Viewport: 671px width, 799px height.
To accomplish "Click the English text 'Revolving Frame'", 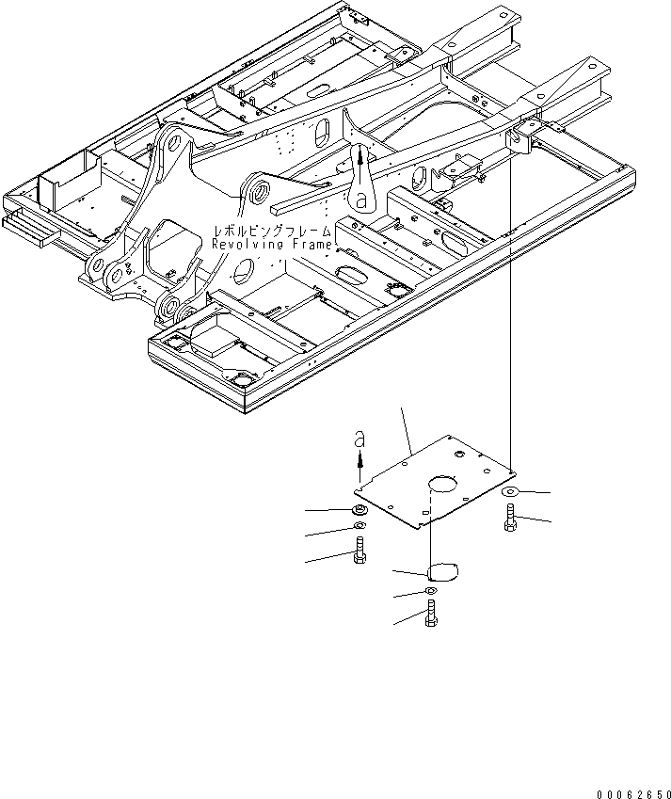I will click(x=272, y=245).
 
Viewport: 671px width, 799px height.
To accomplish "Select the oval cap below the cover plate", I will click(x=442, y=569).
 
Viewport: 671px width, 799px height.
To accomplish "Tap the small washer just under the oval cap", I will click(x=430, y=591).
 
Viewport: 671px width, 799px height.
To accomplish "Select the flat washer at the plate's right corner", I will click(x=509, y=491).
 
